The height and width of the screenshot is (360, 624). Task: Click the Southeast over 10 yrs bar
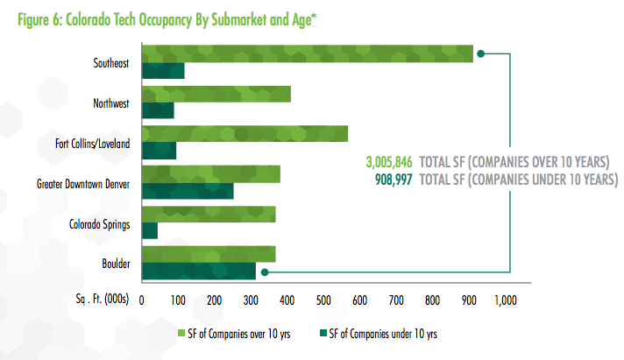pos(307,53)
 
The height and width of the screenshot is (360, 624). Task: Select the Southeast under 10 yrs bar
pos(162,71)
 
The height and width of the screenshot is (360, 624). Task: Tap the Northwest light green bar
pos(216,95)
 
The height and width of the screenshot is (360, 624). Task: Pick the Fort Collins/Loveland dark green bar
pos(159,152)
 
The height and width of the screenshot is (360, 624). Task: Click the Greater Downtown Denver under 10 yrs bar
pos(187,192)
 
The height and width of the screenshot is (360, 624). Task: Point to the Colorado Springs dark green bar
pos(150,230)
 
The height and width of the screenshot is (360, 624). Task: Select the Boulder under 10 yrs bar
pos(198,272)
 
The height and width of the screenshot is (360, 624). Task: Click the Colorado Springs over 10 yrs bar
pos(208,214)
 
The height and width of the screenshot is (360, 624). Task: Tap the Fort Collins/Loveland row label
pos(93,144)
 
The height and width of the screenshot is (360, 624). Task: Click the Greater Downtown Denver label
pos(83,184)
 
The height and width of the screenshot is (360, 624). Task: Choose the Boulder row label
pos(114,264)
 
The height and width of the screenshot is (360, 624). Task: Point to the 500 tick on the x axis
pos(323,300)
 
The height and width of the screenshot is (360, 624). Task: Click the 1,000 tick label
pos(506,300)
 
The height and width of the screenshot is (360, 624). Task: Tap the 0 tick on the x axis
pos(141,300)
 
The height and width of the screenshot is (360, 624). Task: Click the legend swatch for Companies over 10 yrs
pos(181,333)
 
